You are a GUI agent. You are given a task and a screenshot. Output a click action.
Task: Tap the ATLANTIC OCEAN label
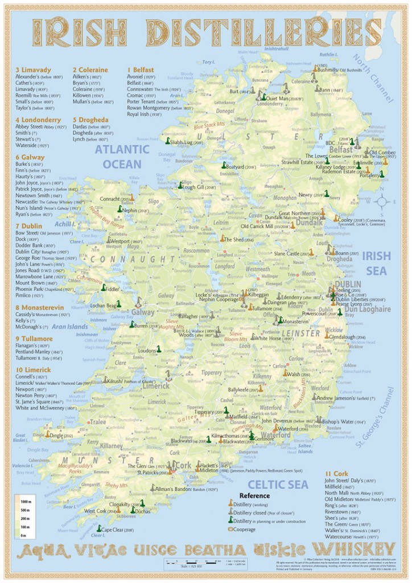118,157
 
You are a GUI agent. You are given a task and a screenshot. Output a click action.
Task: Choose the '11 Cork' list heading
337,474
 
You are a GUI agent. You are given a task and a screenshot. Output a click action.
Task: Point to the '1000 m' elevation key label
25,502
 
